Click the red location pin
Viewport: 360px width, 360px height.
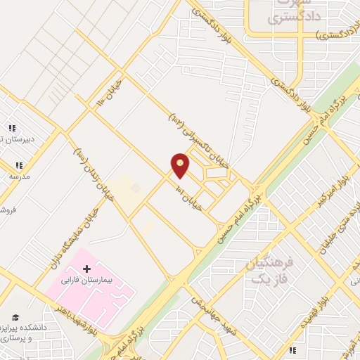pyautogui.click(x=181, y=165)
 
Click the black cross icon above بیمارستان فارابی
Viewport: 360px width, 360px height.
pyautogui.click(x=87, y=269)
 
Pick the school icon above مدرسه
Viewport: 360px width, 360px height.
pyautogui.click(x=18, y=166)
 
